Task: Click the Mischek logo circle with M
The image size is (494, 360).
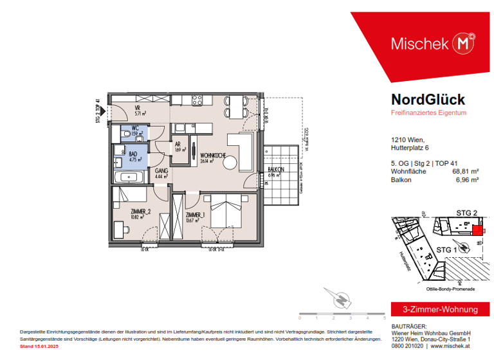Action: (464, 43)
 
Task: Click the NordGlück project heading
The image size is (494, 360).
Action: (428, 100)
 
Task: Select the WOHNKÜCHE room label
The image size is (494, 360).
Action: (212, 156)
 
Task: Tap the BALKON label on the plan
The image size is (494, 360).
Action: (277, 170)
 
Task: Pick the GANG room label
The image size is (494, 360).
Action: (161, 170)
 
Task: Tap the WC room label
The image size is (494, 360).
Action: (135, 129)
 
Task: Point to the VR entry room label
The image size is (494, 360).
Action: (138, 108)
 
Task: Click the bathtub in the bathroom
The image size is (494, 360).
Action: (129, 176)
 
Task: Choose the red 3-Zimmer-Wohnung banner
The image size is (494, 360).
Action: (435, 309)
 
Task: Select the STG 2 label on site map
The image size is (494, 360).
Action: (466, 212)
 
